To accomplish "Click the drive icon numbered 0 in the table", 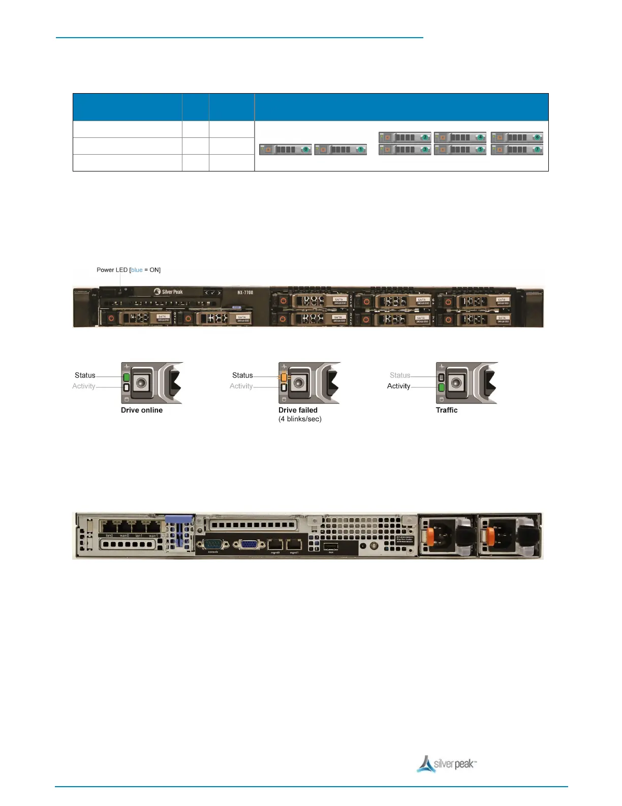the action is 285,150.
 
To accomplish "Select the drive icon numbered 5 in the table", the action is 460,150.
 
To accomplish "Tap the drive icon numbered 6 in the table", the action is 517,137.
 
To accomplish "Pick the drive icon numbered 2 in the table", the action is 405,137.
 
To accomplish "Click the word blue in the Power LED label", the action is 137,270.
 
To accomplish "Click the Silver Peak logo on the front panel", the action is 168,292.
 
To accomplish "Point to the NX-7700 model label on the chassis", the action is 245,293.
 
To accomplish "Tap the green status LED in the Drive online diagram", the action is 127,377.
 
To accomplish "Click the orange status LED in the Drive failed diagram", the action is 284,378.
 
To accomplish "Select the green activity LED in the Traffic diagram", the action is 441,388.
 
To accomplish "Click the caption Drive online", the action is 142,410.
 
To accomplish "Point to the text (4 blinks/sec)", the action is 300,419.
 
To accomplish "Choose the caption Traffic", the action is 447,410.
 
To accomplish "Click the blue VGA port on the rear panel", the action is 248,544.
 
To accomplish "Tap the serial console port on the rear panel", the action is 213,544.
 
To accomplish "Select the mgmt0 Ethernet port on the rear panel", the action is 275,544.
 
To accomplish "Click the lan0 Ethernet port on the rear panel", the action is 109,527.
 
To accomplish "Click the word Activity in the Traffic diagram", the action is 398,386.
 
